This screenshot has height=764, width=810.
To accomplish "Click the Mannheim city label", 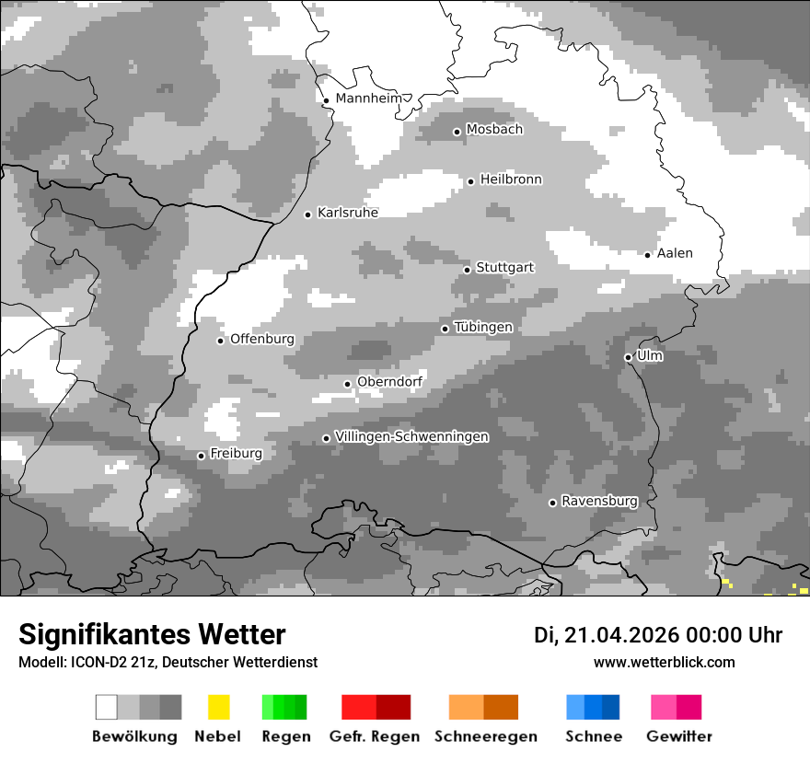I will [x=369, y=98].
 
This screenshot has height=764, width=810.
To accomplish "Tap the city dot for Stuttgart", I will [x=468, y=270].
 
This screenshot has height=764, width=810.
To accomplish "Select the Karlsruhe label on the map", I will [x=348, y=213].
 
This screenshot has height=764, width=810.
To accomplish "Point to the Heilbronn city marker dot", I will [x=470, y=181].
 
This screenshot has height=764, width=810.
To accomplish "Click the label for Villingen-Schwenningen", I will [x=411, y=436].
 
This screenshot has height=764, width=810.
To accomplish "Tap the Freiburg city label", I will [x=236, y=454].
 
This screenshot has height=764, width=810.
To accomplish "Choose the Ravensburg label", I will [x=599, y=501].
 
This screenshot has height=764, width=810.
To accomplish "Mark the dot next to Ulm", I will [x=628, y=357].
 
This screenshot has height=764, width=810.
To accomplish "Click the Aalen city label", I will [x=675, y=253].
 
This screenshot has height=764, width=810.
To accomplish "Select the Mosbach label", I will [x=494, y=130].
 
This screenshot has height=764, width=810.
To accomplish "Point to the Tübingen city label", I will [x=483, y=327].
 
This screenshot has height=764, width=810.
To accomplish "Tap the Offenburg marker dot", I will [x=221, y=341].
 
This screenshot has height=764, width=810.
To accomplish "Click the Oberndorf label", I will [x=389, y=382].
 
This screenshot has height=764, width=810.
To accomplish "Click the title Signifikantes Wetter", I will [x=152, y=634].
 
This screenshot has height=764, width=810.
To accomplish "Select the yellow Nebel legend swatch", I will [x=218, y=707].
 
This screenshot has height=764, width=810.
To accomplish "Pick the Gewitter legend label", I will [x=679, y=736].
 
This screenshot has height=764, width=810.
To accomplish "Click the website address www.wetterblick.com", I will [x=664, y=662].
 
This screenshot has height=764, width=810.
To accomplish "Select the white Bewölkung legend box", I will [x=107, y=707].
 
